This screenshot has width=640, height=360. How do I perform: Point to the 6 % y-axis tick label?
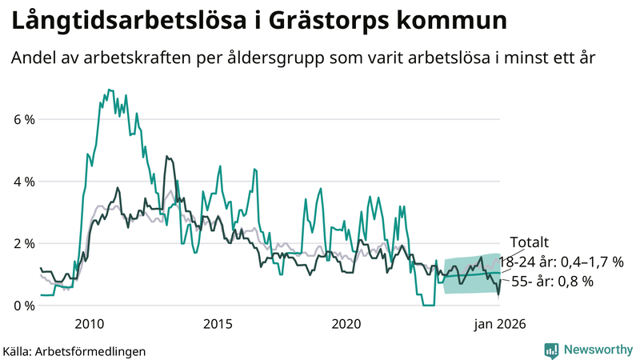(23, 120)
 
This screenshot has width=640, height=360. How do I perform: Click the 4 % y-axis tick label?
(23, 182)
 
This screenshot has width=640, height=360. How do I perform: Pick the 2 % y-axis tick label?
(23, 243)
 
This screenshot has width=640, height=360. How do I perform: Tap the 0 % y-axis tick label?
(23, 306)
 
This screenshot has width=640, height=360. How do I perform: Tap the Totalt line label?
(529, 242)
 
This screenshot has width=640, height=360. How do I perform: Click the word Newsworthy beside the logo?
(598, 350)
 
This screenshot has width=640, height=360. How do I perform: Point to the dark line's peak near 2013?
(166, 157)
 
